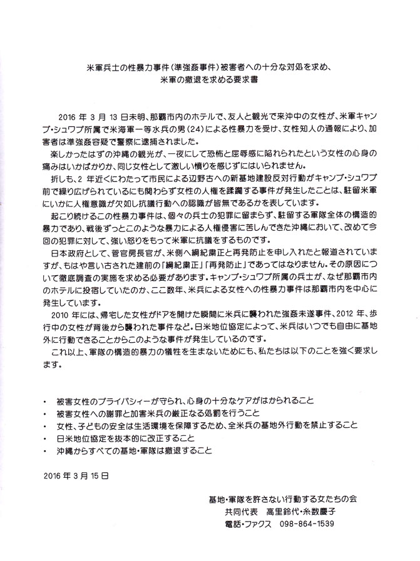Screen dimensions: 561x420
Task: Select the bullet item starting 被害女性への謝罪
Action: click(x=160, y=412)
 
